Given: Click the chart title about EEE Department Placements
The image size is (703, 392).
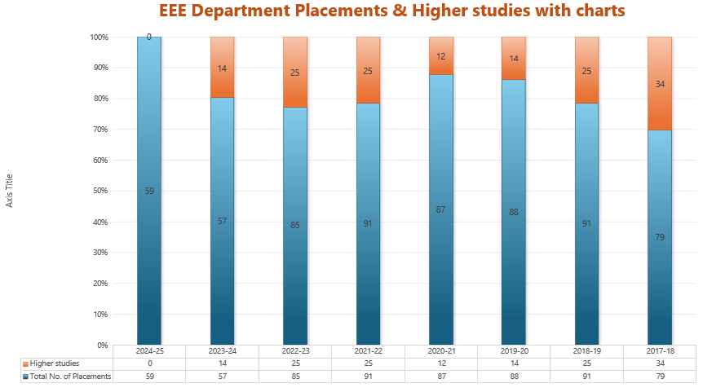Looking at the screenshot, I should tap(391, 11).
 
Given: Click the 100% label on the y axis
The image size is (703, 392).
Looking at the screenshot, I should tap(99, 37).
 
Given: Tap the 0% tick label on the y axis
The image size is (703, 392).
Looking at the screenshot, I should tap(102, 345).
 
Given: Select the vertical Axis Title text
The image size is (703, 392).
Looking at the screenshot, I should tap(10, 191).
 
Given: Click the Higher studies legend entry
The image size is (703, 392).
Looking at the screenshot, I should tap(54, 363).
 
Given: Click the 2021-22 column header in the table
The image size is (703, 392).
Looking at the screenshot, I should tap(369, 350).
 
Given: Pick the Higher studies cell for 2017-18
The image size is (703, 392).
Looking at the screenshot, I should tap(660, 363).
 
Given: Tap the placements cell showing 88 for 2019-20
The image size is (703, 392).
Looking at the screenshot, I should tap(515, 376).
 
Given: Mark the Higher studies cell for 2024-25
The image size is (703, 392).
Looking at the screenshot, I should tap(149, 363).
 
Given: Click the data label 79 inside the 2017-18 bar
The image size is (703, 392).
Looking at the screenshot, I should tap(660, 237).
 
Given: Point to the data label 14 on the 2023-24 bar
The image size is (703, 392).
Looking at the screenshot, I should tap(223, 68).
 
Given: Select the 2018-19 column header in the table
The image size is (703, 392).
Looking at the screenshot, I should tap(587, 350).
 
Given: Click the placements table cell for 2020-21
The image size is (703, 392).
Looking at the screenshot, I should tap(441, 376).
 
